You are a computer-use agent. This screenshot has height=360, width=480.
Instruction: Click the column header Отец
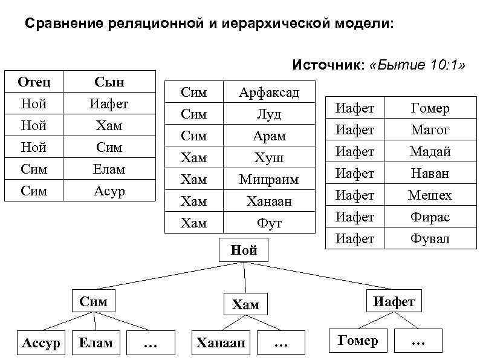tap(34, 82)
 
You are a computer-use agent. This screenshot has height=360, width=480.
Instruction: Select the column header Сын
tap(109, 82)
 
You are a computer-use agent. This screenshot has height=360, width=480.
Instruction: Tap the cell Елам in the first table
tap(109, 169)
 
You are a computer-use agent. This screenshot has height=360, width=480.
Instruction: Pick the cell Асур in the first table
tap(109, 191)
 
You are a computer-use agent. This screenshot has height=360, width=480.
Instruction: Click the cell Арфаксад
tap(269, 92)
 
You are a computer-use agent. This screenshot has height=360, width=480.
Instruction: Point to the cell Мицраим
tap(269, 179)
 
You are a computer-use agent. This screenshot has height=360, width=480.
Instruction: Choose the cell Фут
tap(269, 223)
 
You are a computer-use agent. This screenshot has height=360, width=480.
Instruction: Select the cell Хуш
tap(269, 157)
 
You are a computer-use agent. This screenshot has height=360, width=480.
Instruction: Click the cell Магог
tap(430, 129)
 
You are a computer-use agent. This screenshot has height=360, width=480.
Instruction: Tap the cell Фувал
tap(430, 238)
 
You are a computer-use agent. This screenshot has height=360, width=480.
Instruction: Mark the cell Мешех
tap(430, 195)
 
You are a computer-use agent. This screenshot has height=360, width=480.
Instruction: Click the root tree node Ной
tap(244, 250)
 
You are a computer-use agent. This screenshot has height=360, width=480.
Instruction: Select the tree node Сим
tap(94, 301)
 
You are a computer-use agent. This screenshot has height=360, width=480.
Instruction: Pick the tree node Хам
tap(245, 304)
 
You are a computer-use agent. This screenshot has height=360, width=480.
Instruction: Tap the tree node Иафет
tap(394, 301)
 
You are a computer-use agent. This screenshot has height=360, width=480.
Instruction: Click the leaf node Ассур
tap(41, 343)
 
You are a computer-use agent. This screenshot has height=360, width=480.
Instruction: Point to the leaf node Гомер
tap(358, 340)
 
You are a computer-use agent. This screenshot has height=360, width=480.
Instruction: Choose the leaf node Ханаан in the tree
tap(221, 343)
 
